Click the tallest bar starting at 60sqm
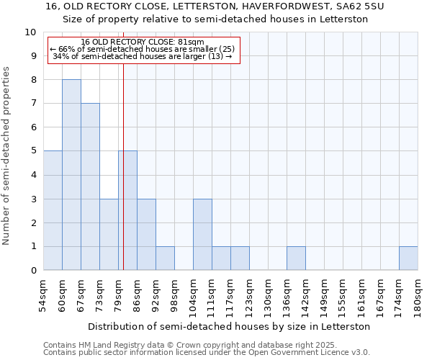(71, 175)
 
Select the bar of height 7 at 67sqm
(90, 187)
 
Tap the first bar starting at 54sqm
(53, 210)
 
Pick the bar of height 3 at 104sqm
(202, 235)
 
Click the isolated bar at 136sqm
(296, 258)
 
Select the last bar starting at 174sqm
(408, 258)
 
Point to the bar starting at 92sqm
(165, 258)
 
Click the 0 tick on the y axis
(33, 271)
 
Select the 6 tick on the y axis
(33, 127)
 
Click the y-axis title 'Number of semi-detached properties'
(6, 156)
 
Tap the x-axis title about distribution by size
(230, 326)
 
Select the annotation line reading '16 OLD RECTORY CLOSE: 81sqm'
(143, 42)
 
